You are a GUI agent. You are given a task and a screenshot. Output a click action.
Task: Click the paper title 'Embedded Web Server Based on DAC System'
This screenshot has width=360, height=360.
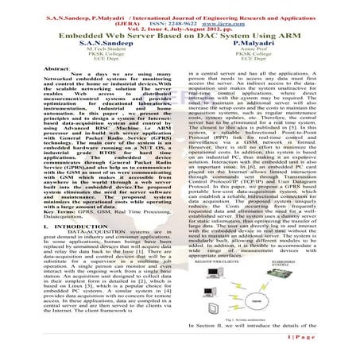[180, 36]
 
